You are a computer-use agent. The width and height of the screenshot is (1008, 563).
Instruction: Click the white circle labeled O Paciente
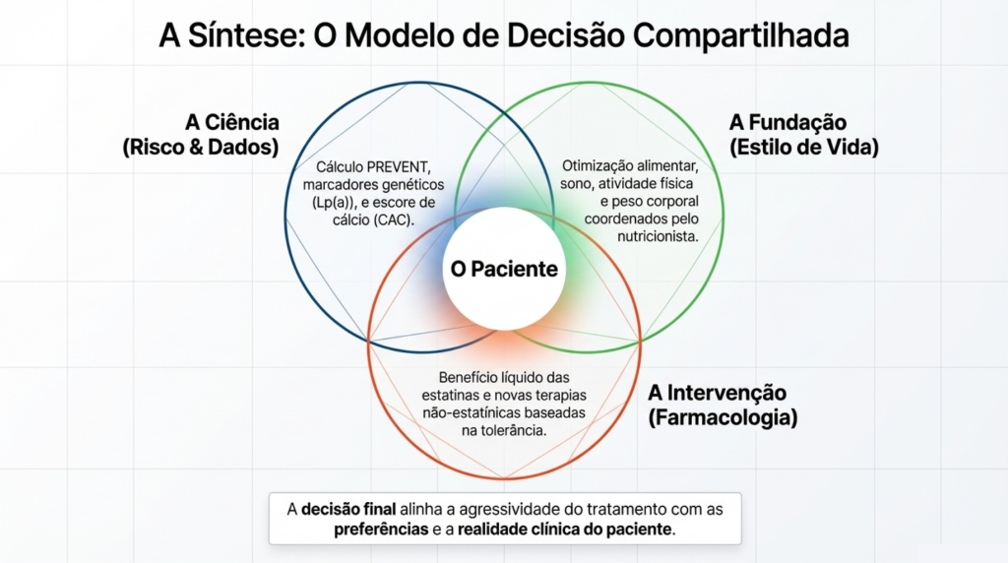(x=503, y=269)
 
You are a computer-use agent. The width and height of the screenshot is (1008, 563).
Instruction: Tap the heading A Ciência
(x=232, y=122)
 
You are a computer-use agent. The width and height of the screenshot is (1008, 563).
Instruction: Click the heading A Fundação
(x=787, y=122)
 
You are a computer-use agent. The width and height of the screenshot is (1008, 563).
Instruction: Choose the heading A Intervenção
(x=717, y=393)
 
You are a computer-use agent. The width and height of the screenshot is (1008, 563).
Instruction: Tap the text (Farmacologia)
(x=723, y=417)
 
